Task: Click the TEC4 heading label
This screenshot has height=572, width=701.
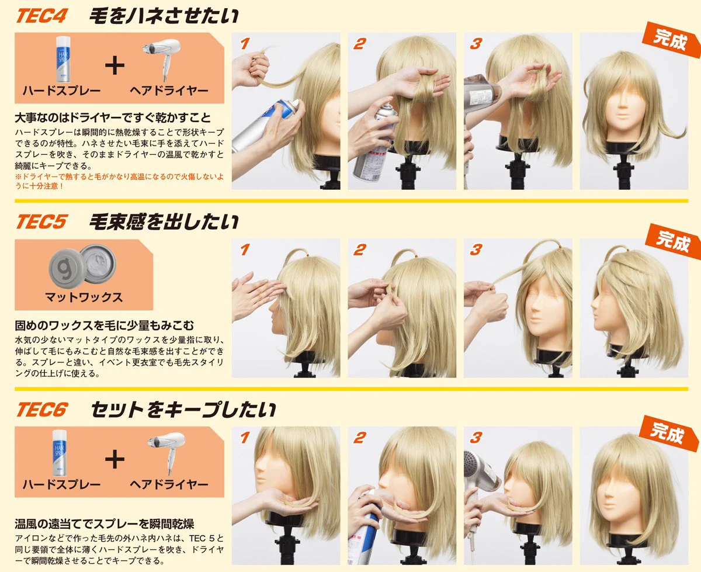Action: [x=41, y=16]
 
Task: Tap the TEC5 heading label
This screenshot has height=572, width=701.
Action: [x=41, y=221]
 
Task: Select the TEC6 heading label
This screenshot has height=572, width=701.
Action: [x=42, y=410]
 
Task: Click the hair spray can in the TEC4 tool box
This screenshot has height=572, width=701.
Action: [x=63, y=59]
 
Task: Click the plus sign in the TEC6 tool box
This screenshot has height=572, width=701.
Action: [x=114, y=460]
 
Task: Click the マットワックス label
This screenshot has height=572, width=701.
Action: [x=84, y=297]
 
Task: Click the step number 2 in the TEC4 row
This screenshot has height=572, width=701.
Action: [x=360, y=44]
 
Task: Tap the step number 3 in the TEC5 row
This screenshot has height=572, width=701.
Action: [x=476, y=249]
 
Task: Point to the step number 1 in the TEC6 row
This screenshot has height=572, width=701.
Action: [x=245, y=438]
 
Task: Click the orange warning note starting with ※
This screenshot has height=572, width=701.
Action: [x=119, y=181]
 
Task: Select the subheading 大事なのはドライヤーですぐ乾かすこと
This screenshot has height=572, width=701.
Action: [x=113, y=117]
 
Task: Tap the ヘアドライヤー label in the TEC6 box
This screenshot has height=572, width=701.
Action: [x=169, y=484]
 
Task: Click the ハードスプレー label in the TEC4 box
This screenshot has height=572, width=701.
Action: [x=61, y=91]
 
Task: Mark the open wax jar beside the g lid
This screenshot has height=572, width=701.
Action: [x=98, y=262]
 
